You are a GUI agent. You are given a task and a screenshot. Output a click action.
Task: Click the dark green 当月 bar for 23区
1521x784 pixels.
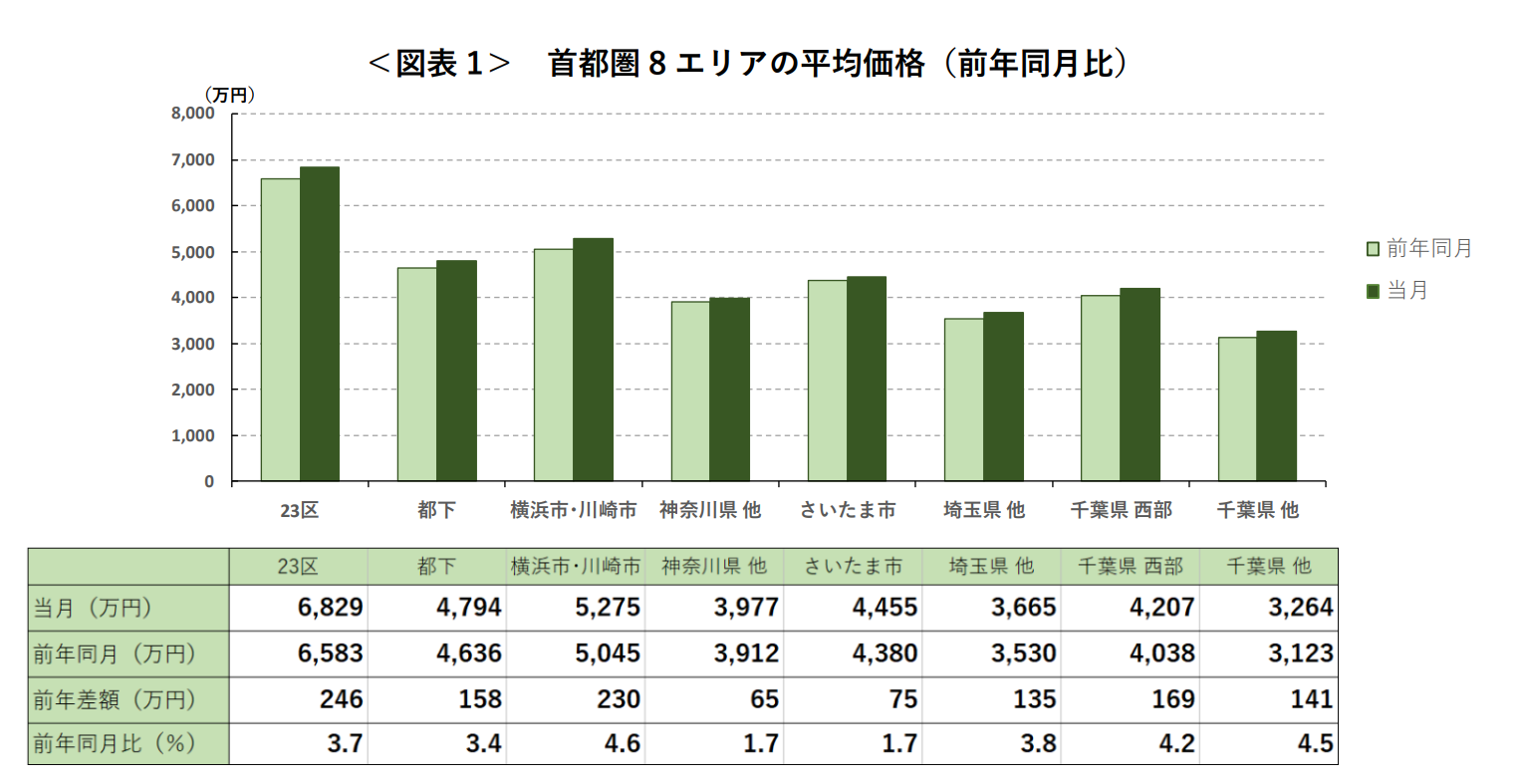click(320, 324)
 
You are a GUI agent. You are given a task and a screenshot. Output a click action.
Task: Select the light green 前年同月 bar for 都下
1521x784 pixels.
click(416, 375)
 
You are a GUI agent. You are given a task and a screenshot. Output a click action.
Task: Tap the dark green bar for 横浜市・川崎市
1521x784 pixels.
click(593, 360)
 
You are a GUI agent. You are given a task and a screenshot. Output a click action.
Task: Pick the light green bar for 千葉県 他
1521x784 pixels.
click(1237, 409)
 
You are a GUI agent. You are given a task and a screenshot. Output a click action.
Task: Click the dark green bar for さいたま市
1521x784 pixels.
click(867, 380)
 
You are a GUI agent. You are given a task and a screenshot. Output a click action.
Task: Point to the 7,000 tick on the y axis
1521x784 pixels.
click(193, 159)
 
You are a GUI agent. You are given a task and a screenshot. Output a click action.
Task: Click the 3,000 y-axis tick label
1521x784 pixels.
click(193, 344)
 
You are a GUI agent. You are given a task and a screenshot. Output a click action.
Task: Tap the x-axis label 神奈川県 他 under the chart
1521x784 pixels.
click(710, 510)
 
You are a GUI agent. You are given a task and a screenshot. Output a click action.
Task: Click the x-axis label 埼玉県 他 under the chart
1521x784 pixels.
click(984, 510)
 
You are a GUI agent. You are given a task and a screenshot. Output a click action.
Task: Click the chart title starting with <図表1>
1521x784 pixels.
click(747, 64)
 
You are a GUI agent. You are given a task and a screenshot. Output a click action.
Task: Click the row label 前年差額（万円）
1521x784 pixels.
click(115, 699)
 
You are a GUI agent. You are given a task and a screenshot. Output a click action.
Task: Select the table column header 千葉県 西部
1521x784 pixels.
click(1131, 566)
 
